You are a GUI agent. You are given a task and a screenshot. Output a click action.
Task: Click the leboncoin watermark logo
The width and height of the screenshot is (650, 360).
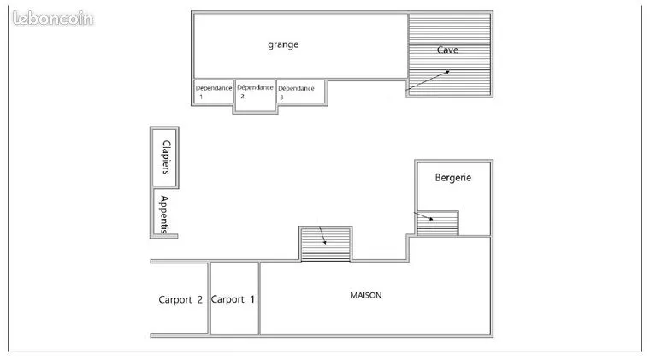point(53,18)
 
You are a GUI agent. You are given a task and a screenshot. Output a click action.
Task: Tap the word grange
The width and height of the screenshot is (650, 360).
point(283,44)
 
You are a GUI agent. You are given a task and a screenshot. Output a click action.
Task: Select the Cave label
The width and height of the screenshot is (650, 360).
point(447,50)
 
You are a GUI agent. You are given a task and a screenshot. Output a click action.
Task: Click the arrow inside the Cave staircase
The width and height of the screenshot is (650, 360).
point(428,80)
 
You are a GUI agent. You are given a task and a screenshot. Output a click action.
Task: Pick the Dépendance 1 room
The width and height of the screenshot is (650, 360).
point(214,91)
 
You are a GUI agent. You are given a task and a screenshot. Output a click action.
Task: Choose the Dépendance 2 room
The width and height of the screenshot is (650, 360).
point(255,96)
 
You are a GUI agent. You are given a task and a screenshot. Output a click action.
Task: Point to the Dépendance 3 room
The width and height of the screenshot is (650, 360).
point(301,91)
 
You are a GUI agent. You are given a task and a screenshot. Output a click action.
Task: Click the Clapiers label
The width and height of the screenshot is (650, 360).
point(166,157)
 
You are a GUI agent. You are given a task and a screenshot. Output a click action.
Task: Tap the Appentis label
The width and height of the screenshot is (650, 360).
point(164,215)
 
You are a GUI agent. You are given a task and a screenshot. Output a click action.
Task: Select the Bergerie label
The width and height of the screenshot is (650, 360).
point(453,178)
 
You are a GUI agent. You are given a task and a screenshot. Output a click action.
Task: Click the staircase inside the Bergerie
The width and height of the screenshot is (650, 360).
point(437,224)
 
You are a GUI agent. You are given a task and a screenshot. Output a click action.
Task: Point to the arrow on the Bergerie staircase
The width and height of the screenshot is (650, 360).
point(423,215)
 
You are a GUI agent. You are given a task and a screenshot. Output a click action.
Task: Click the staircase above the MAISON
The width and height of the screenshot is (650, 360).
point(325,244)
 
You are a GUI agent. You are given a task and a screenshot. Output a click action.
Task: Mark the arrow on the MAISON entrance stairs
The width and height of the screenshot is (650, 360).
point(322,235)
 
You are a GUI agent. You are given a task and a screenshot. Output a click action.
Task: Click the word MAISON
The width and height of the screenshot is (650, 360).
point(366,295)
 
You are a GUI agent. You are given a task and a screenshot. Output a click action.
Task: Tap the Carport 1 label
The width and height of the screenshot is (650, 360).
point(233,299)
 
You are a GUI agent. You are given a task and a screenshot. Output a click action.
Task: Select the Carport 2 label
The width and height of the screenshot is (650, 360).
point(180,299)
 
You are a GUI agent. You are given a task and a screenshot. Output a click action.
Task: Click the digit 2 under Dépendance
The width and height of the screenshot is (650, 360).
point(243,96)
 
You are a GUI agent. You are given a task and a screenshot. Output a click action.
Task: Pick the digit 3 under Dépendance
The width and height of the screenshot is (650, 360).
point(281,97)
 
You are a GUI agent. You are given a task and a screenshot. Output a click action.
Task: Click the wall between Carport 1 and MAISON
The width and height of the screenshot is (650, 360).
point(259,298)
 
